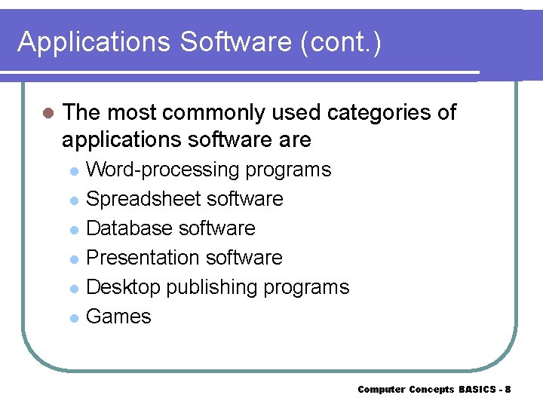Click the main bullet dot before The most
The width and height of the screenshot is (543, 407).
pos(49,114)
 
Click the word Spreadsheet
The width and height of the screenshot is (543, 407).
pos(143,199)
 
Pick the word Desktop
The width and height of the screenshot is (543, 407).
pos(124,287)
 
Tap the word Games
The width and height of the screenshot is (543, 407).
pos(118,317)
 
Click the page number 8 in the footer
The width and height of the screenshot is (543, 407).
pos(508,390)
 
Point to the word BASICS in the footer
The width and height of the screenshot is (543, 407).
pos(477,390)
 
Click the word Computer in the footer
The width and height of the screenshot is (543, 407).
pos(381,390)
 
